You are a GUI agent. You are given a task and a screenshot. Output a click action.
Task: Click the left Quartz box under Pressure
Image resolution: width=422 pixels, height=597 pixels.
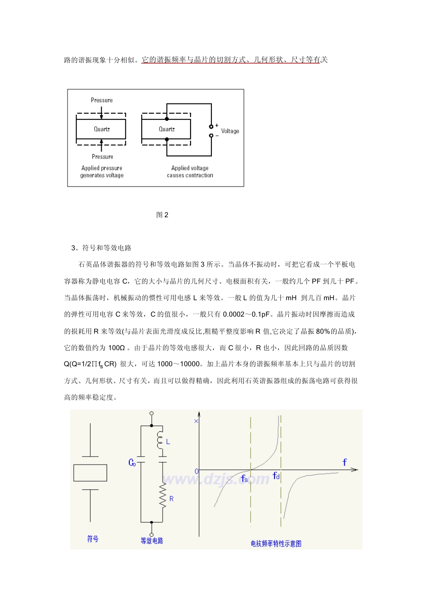click(101, 129)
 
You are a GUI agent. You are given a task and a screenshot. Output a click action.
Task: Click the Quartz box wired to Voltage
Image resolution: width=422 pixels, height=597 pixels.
click(166, 129)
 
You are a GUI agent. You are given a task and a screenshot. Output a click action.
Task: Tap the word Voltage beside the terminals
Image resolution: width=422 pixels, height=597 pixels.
click(230, 131)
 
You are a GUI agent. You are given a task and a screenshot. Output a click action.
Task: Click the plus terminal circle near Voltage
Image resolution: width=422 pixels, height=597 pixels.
click(211, 127)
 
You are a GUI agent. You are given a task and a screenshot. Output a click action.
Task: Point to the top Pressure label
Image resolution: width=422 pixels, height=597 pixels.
click(102, 100)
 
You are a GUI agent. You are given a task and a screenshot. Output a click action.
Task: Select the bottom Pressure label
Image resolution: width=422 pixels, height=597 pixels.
click(102, 157)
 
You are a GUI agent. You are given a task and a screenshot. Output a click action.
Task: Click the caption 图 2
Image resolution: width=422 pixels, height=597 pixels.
click(162, 215)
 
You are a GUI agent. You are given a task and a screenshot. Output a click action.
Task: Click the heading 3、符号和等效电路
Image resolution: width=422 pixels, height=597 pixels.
click(101, 248)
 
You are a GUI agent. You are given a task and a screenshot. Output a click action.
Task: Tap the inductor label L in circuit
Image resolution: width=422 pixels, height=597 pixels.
click(168, 442)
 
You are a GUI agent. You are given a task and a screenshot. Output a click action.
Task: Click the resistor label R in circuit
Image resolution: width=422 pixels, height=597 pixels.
click(171, 499)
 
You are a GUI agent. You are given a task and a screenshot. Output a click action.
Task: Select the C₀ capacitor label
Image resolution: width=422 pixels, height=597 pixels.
click(132, 463)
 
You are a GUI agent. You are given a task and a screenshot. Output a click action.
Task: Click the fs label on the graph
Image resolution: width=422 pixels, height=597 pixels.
click(244, 478)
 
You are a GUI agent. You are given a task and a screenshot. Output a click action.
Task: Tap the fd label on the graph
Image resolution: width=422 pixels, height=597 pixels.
click(276, 476)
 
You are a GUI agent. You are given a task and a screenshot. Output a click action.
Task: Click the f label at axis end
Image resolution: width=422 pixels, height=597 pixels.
click(344, 462)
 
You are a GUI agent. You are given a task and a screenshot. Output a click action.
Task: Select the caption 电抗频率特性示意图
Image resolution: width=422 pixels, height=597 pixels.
click(276, 543)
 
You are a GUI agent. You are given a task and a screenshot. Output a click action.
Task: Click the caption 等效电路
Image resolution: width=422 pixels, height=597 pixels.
click(152, 541)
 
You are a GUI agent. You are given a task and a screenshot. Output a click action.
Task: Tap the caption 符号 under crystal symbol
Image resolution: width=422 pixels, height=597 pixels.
click(92, 539)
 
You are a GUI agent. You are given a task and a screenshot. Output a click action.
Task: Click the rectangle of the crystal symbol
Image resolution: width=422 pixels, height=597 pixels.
click(90, 473)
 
